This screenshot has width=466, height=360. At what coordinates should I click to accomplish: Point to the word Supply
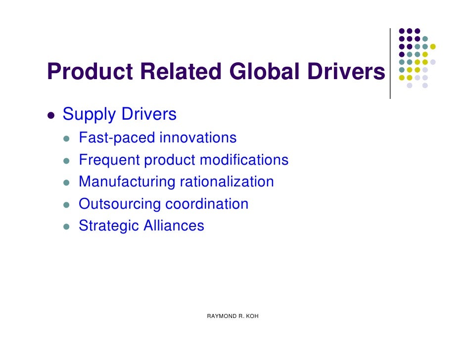pos(90,115)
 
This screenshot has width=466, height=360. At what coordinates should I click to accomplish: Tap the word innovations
pos(198,137)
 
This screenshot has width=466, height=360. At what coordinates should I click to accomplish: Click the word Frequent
pos(109,160)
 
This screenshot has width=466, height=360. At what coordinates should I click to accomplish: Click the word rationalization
pos(227,182)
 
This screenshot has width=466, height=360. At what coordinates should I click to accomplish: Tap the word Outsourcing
pos(120,204)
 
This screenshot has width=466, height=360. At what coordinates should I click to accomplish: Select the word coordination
pos(207,204)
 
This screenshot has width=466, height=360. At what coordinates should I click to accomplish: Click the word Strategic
pos(109,226)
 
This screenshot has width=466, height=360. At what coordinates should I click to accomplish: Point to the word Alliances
pos(174,226)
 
